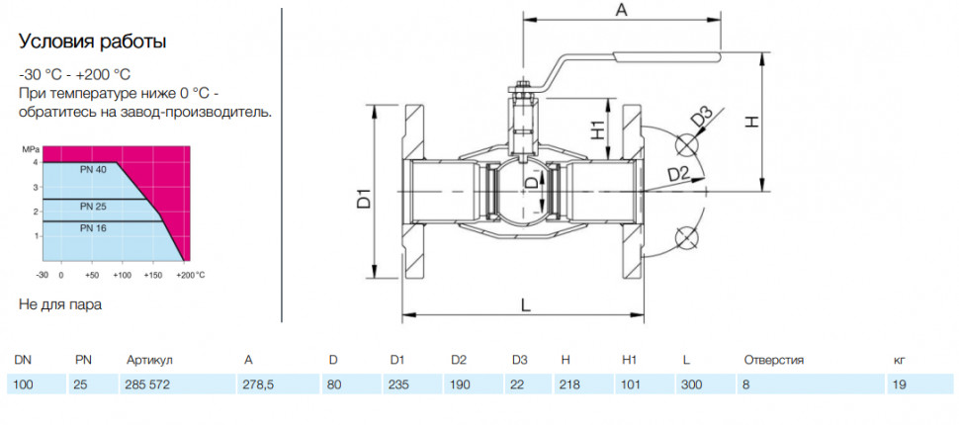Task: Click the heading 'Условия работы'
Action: (93, 42)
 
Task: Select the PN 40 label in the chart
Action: (93, 171)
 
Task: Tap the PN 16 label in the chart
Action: (93, 227)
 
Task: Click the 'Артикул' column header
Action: (150, 360)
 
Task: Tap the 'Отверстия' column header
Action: (774, 360)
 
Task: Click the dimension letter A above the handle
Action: (621, 11)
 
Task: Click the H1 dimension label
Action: (597, 129)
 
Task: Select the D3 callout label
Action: (703, 117)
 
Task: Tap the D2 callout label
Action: (678, 174)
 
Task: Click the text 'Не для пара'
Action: (60, 304)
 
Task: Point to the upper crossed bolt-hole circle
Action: (686, 145)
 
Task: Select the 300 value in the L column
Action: (692, 385)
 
